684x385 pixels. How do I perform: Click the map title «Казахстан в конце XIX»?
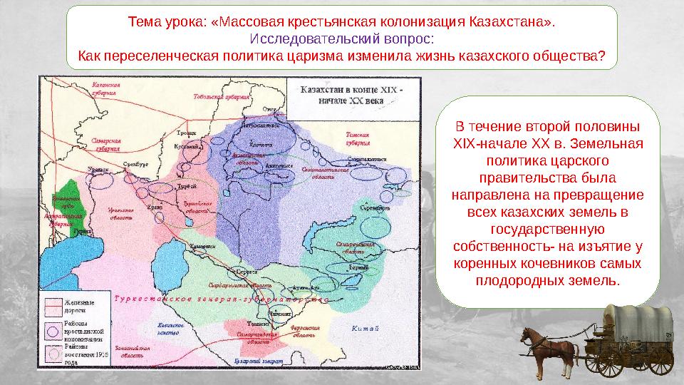pyautogui.click(x=352, y=91)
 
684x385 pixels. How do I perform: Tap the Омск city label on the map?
pyautogui.click(x=269, y=109)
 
